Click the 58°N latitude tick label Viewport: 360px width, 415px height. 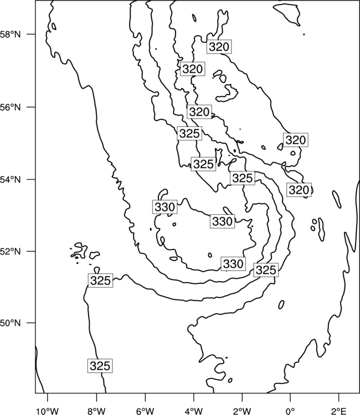click(x=11, y=34)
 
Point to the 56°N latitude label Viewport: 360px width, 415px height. click(x=11, y=107)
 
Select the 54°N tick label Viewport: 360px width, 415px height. click(x=11, y=180)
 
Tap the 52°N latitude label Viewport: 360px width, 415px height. click(x=11, y=251)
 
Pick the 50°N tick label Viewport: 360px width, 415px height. click(x=11, y=323)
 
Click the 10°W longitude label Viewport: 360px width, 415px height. click(x=48, y=411)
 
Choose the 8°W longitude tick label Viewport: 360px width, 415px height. click(x=96, y=411)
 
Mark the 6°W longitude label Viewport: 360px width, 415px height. click(x=145, y=411)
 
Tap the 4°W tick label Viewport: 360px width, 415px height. click(x=194, y=411)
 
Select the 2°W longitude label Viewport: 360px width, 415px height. click(x=242, y=411)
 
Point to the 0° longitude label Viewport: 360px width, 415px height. click(x=290, y=411)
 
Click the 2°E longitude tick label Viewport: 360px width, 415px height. click(x=339, y=411)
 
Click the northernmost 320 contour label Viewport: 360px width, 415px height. click(x=219, y=47)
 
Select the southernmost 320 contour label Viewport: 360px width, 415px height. click(x=299, y=190)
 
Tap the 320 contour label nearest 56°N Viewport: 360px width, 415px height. click(x=199, y=112)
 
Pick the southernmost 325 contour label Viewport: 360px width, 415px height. click(x=100, y=366)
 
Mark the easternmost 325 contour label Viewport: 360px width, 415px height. click(x=266, y=270)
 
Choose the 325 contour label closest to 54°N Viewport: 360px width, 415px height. click(x=243, y=178)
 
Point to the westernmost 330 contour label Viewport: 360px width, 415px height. click(x=164, y=207)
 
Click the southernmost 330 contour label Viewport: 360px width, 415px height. click(x=233, y=263)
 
